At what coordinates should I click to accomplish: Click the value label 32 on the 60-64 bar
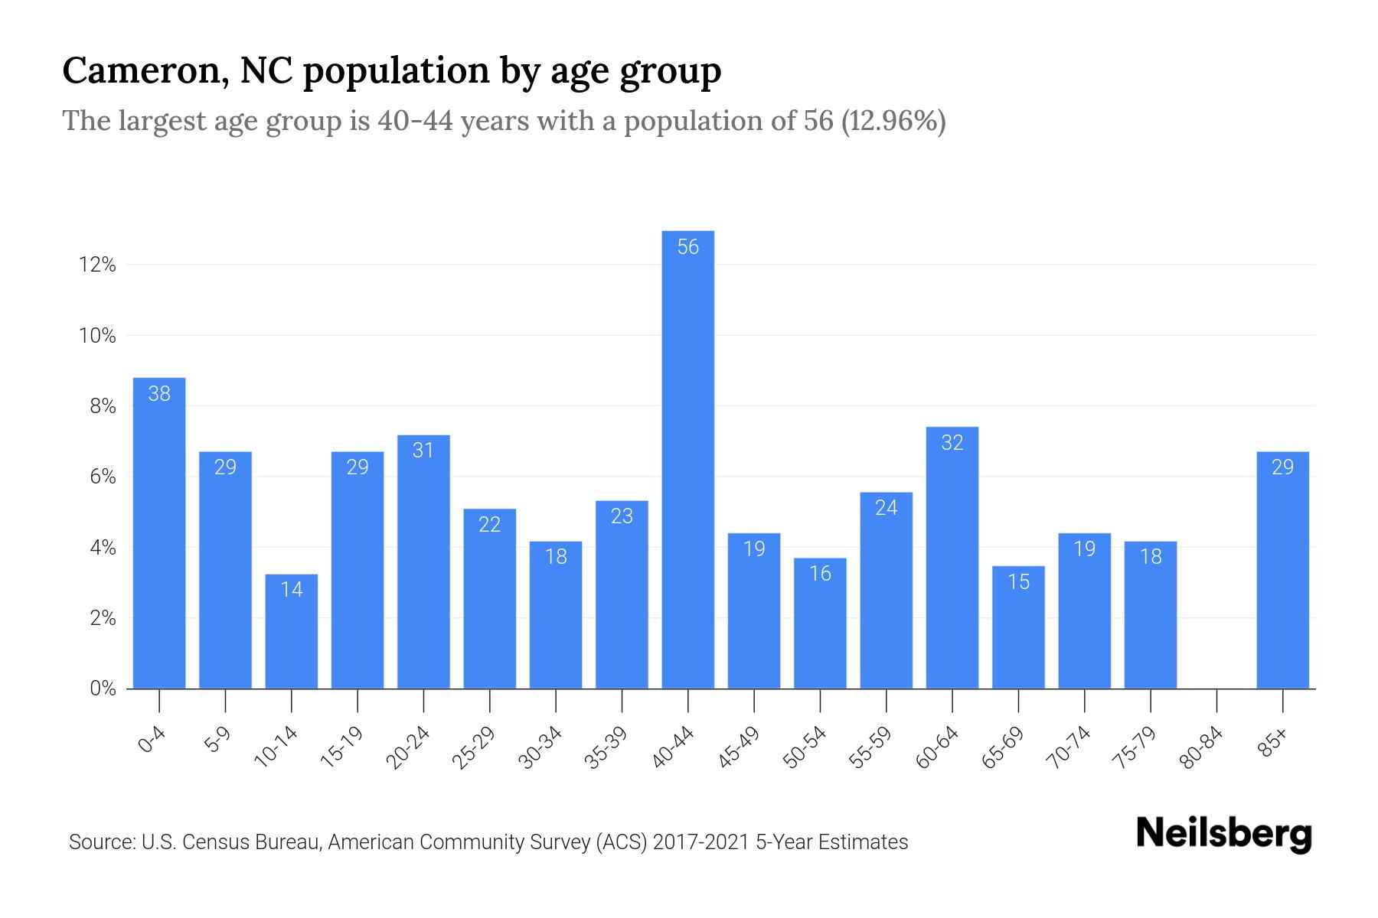click(x=952, y=443)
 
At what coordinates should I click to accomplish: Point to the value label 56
click(x=687, y=247)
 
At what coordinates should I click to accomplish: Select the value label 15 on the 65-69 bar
click(x=1018, y=582)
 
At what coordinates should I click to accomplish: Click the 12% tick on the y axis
click(x=97, y=265)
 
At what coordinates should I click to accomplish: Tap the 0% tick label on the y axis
click(x=103, y=688)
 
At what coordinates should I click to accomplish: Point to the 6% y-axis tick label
click(x=103, y=477)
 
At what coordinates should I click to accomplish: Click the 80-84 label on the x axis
click(x=1202, y=748)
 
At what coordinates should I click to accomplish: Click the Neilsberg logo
click(x=1223, y=834)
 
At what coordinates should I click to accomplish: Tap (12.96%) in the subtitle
click(x=893, y=121)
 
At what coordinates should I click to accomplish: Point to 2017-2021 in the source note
click(x=701, y=842)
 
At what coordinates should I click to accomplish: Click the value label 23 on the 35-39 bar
click(x=622, y=516)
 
